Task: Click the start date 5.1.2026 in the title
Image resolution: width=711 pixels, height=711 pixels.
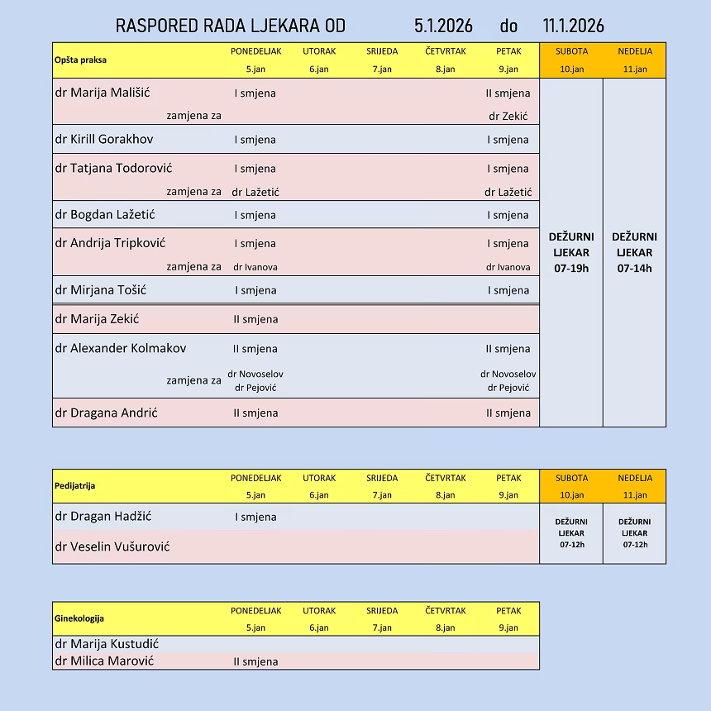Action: [443, 26]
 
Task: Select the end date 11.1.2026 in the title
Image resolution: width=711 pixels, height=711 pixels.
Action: [574, 26]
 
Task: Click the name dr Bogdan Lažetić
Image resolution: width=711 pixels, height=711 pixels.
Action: [105, 214]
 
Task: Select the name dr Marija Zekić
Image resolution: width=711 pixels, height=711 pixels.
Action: [97, 319]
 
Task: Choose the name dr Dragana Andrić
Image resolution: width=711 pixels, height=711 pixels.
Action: [106, 413]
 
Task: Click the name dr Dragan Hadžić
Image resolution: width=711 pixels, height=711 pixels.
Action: [103, 516]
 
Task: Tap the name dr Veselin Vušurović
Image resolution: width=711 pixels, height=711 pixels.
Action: [112, 546]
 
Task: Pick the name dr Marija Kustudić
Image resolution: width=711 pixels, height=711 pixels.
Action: [107, 644]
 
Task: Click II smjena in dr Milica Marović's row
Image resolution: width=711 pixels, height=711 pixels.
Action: [255, 661]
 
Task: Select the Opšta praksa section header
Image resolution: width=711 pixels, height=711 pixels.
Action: [80, 60]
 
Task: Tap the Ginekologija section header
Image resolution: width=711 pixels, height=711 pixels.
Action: [79, 618]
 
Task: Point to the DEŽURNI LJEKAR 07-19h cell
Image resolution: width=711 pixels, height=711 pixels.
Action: [571, 252]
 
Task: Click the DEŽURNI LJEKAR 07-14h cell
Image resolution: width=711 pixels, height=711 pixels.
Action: [634, 252]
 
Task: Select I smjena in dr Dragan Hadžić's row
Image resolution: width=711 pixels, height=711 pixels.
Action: [255, 517]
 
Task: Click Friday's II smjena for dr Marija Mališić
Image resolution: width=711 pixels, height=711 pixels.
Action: [508, 93]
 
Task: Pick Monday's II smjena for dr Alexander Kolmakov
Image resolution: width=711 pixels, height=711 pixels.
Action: [255, 349]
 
